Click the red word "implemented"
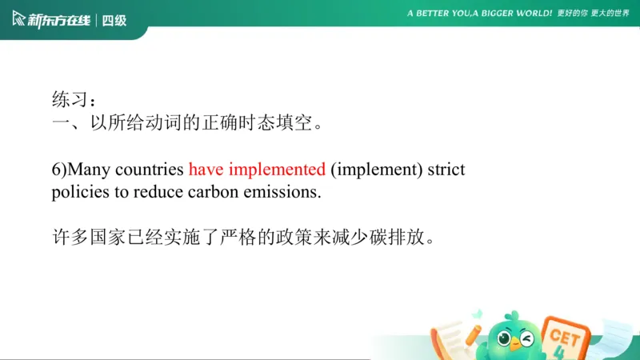pos(277,170)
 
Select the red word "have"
pos(206,170)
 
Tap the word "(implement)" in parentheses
pos(376,170)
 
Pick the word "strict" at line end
pos(446,170)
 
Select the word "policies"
pos(78,193)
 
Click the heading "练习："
pos(74,101)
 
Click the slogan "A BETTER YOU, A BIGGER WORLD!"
pos(479,14)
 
